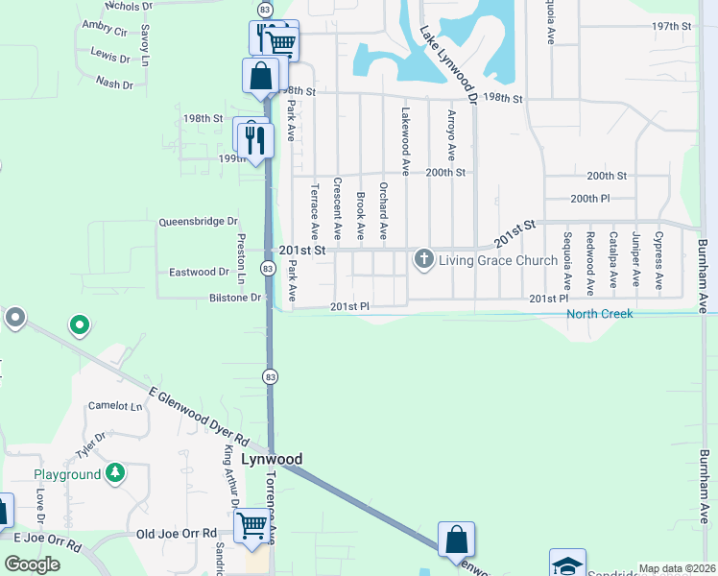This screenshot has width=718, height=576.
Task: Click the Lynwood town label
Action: pyautogui.click(x=271, y=460)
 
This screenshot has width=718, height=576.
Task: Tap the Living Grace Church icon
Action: pyautogui.click(x=424, y=260)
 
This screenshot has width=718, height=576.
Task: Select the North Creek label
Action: pyautogui.click(x=599, y=314)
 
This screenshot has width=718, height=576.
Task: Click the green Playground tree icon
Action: pyautogui.click(x=115, y=473)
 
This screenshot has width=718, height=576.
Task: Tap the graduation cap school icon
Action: pyautogui.click(x=566, y=564)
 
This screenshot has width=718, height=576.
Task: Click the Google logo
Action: pyautogui.click(x=32, y=564)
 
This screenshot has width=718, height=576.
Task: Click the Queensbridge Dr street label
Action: pyautogui.click(x=197, y=222)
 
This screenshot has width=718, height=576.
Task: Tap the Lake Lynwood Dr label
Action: pyautogui.click(x=446, y=62)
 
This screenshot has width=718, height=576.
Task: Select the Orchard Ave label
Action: pyautogui.click(x=383, y=210)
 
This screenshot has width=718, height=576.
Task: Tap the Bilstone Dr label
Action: pyautogui.click(x=235, y=298)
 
